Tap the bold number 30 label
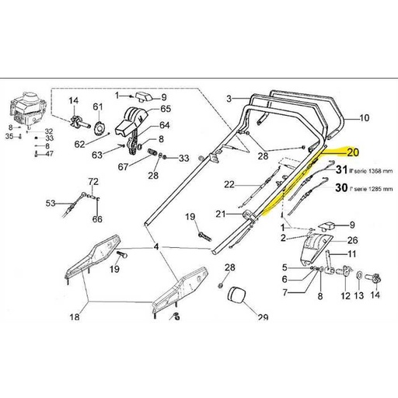[340, 188]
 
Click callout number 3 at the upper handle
[229, 99]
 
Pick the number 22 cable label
[229, 184]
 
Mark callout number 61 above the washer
[97, 106]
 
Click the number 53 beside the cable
[50, 204]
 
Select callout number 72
[93, 182]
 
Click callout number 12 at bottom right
[346, 296]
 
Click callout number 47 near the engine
[49, 154]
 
